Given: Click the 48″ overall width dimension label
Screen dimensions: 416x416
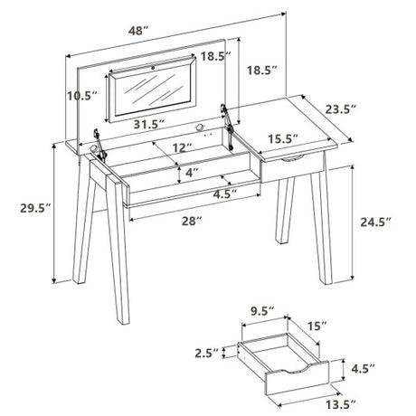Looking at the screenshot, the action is pyautogui.click(x=138, y=31).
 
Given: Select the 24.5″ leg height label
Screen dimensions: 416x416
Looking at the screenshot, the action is pyautogui.click(x=375, y=222).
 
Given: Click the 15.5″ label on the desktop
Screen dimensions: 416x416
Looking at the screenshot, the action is pyautogui.click(x=283, y=139).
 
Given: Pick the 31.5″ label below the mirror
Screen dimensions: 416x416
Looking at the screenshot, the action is pyautogui.click(x=149, y=124).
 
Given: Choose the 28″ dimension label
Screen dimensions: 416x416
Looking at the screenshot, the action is pyautogui.click(x=192, y=221).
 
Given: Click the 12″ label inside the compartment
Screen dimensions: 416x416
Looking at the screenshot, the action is pyautogui.click(x=183, y=147).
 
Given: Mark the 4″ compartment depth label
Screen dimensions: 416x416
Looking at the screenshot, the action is pyautogui.click(x=192, y=173).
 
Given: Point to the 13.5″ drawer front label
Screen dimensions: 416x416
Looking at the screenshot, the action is pyautogui.click(x=341, y=405).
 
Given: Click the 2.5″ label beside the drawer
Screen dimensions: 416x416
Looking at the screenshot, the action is pyautogui.click(x=206, y=353).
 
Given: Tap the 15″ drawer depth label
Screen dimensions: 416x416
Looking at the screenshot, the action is pyautogui.click(x=317, y=326).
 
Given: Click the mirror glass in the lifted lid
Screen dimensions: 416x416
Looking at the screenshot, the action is pyautogui.click(x=153, y=90).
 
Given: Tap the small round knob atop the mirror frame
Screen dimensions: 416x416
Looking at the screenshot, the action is pyautogui.click(x=153, y=68).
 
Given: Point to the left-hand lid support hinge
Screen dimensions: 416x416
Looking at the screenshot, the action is pyautogui.click(x=99, y=145).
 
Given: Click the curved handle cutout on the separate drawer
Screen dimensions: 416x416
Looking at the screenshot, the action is pyautogui.click(x=296, y=369).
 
